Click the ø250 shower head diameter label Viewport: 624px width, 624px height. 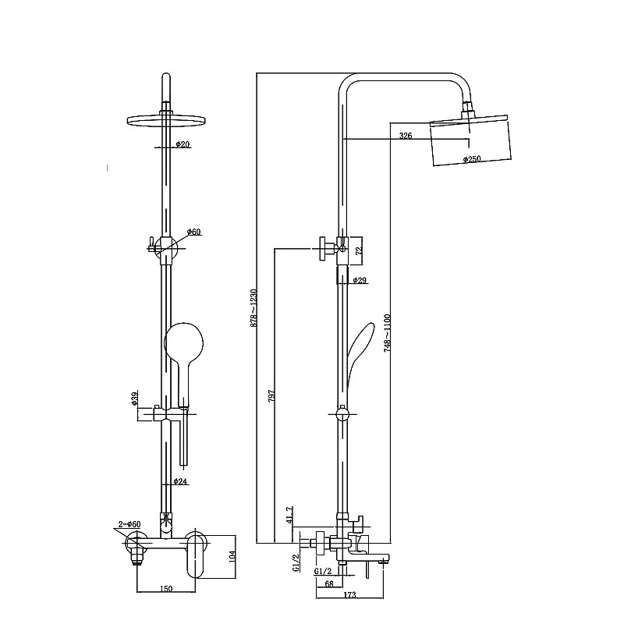tap(472, 159)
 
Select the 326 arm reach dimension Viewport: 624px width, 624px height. tap(406, 136)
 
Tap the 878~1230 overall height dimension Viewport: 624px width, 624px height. tap(254, 308)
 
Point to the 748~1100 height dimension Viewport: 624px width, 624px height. tap(388, 333)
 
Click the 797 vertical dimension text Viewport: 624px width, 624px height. tap(271, 396)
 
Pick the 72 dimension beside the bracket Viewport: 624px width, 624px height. tap(358, 250)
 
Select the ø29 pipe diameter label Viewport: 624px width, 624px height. tap(360, 281)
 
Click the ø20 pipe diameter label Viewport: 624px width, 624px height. tap(183, 144)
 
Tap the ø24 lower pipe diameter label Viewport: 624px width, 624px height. tap(180, 481)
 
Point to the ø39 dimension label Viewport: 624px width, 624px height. tap(134, 398)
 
